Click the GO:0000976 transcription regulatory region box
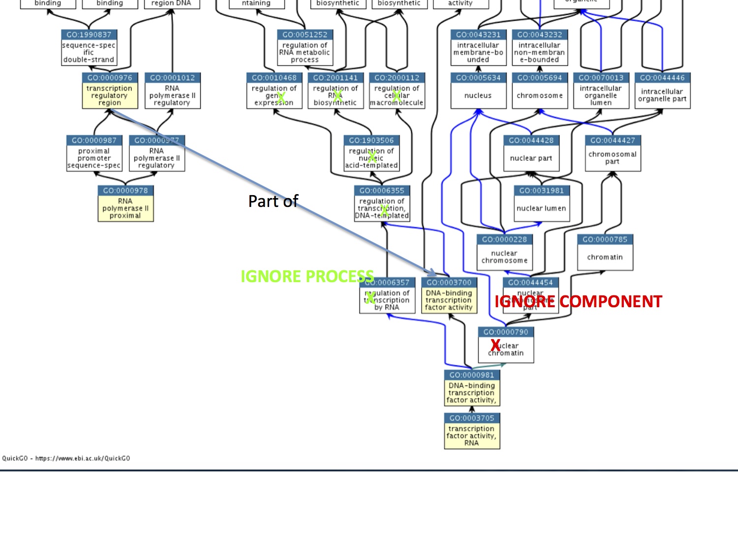click(110, 91)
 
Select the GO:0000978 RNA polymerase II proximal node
click(125, 204)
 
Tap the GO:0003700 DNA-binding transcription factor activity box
click(449, 295)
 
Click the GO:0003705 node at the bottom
click(472, 431)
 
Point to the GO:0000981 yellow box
click(472, 388)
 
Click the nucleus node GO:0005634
click(478, 91)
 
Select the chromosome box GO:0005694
click(540, 91)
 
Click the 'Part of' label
click(273, 201)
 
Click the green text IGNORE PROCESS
click(307, 276)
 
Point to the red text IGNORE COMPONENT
click(578, 301)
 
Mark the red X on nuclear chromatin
click(495, 345)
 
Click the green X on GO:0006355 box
click(385, 210)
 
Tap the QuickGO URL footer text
click(66, 458)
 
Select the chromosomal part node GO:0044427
click(613, 153)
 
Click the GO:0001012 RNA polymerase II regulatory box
click(172, 91)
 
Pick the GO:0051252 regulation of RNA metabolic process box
click(305, 48)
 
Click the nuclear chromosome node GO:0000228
click(504, 252)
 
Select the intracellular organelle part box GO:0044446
click(662, 91)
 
